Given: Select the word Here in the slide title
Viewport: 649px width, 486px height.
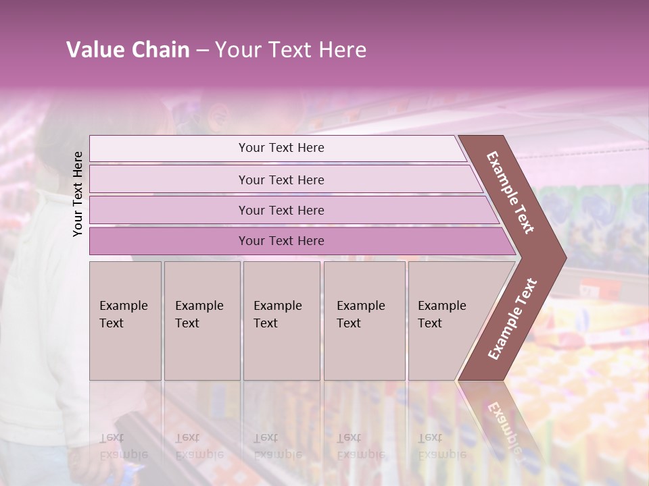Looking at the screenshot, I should [x=342, y=50].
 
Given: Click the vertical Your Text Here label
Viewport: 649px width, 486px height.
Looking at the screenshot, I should [x=78, y=194].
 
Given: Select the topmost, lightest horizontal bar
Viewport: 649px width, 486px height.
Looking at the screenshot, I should [x=281, y=148].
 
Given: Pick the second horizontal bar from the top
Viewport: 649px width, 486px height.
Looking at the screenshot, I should [x=281, y=180].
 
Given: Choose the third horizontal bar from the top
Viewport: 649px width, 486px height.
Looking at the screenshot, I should [x=281, y=210].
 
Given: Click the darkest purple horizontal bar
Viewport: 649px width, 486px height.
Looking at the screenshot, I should [x=281, y=241].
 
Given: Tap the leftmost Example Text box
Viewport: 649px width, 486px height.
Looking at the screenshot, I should [x=125, y=321].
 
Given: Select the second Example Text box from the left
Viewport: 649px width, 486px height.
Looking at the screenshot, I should [x=202, y=321].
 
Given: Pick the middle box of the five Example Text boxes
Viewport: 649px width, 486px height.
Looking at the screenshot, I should [x=281, y=321].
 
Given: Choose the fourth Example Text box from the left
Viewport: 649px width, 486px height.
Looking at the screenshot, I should [x=364, y=321].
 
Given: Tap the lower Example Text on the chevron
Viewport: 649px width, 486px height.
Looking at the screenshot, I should [x=512, y=319].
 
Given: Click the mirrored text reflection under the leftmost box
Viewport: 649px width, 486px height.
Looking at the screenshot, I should [x=124, y=446].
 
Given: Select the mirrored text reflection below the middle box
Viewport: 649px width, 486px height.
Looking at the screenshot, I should [x=277, y=446].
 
